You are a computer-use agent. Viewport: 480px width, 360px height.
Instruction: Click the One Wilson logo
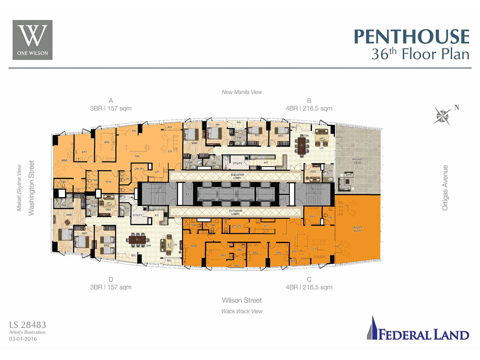pyautogui.click(x=33, y=40)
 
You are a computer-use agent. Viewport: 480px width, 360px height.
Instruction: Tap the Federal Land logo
pyautogui.click(x=418, y=329)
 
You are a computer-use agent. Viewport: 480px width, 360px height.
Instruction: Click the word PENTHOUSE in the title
pyautogui.click(x=411, y=37)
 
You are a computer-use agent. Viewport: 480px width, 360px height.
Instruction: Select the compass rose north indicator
pyautogui.click(x=443, y=116)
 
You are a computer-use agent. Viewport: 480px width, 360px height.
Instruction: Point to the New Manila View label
pyautogui.click(x=242, y=92)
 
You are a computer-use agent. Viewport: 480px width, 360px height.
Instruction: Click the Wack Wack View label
pyautogui.click(x=242, y=311)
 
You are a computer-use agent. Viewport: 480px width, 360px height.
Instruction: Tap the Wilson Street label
pyautogui.click(x=242, y=300)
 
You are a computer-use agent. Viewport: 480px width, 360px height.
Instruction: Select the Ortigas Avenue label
pyautogui.click(x=445, y=187)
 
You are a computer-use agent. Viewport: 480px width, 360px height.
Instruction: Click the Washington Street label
pyautogui.click(x=31, y=187)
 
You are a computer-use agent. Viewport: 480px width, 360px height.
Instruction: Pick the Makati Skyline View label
pyautogui.click(x=19, y=187)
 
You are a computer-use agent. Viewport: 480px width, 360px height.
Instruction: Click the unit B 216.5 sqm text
pyautogui.click(x=309, y=108)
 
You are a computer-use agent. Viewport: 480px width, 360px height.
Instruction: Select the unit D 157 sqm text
pyautogui.click(x=111, y=287)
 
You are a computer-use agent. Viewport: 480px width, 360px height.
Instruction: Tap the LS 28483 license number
pyautogui.click(x=28, y=325)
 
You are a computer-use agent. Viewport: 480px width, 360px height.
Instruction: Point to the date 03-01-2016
pyautogui.click(x=23, y=339)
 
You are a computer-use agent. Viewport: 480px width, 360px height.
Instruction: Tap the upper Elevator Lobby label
pyautogui.click(x=237, y=176)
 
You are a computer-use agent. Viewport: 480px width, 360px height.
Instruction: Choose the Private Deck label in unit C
pyautogui.click(x=357, y=229)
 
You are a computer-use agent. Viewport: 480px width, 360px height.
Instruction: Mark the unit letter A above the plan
pyautogui.click(x=111, y=100)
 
